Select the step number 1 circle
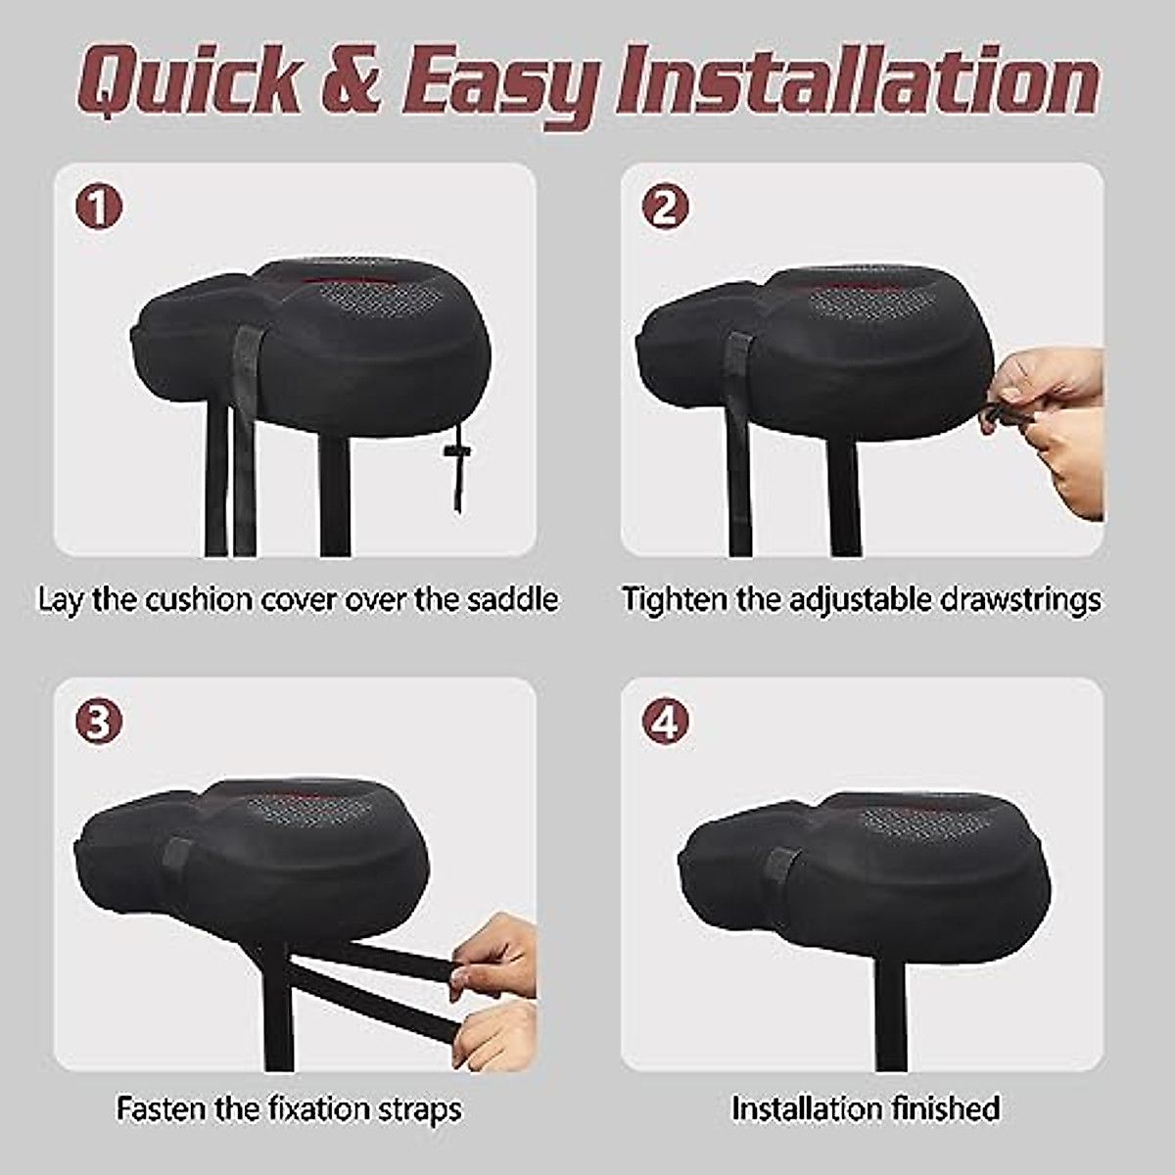pos(99,208)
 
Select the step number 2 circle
pos(666,208)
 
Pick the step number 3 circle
pos(99,723)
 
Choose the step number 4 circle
pos(666,723)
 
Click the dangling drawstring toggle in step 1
pos(453,452)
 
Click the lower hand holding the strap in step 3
pos(497,1033)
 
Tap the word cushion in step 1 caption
pos(199,598)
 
